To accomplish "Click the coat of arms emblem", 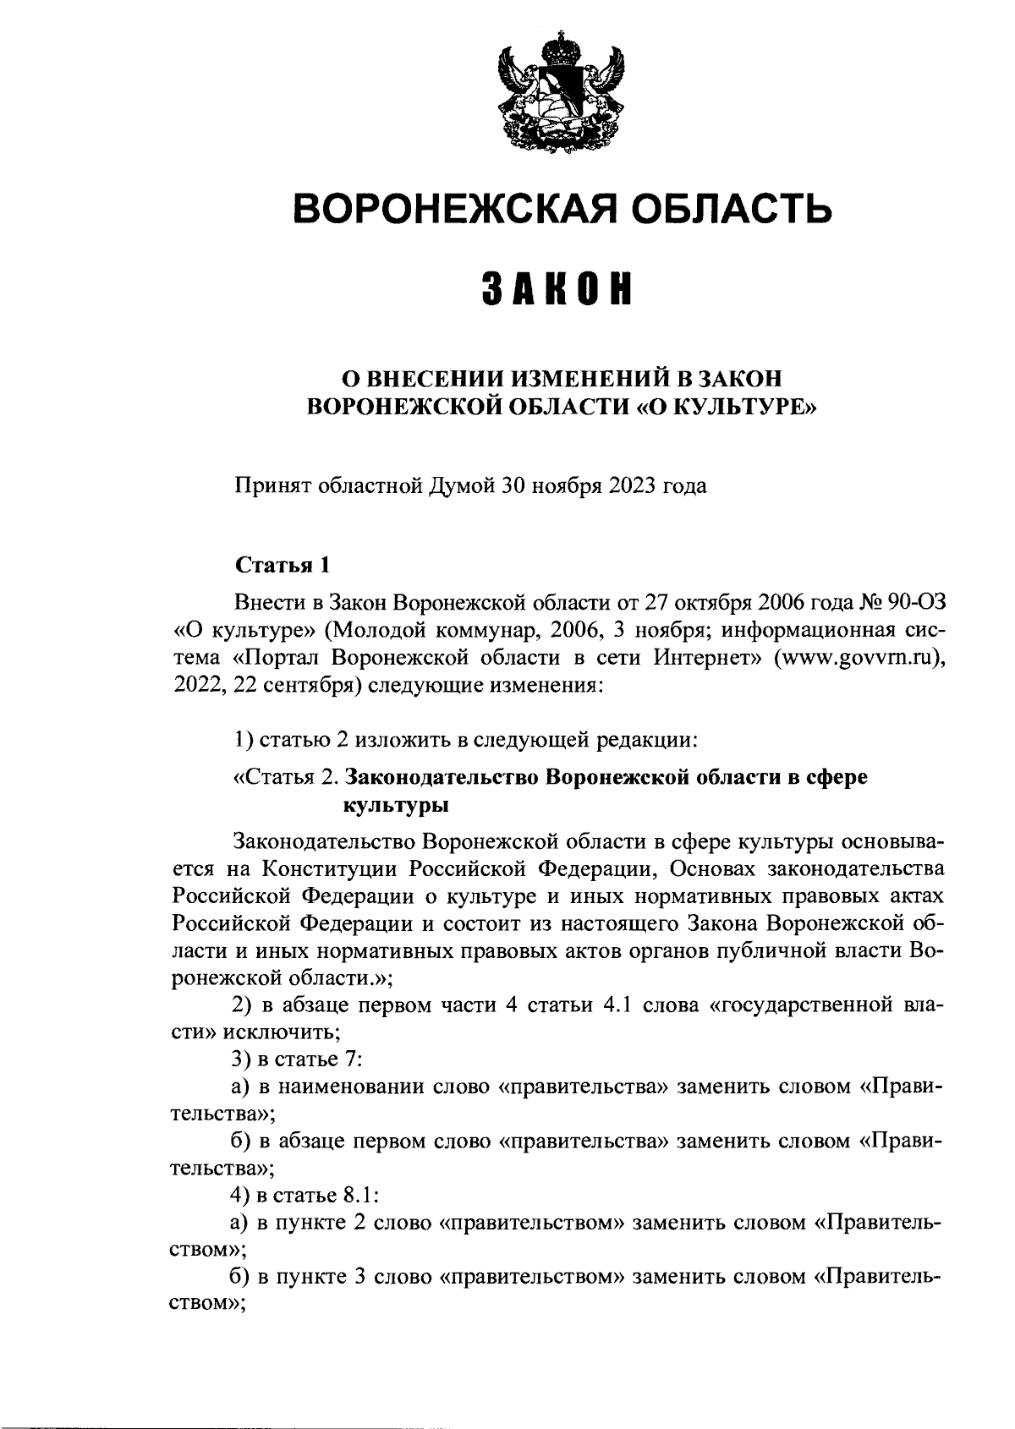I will [x=559, y=93].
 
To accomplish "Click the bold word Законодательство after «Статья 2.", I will [x=443, y=776].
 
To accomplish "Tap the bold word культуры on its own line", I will [x=394, y=805].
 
